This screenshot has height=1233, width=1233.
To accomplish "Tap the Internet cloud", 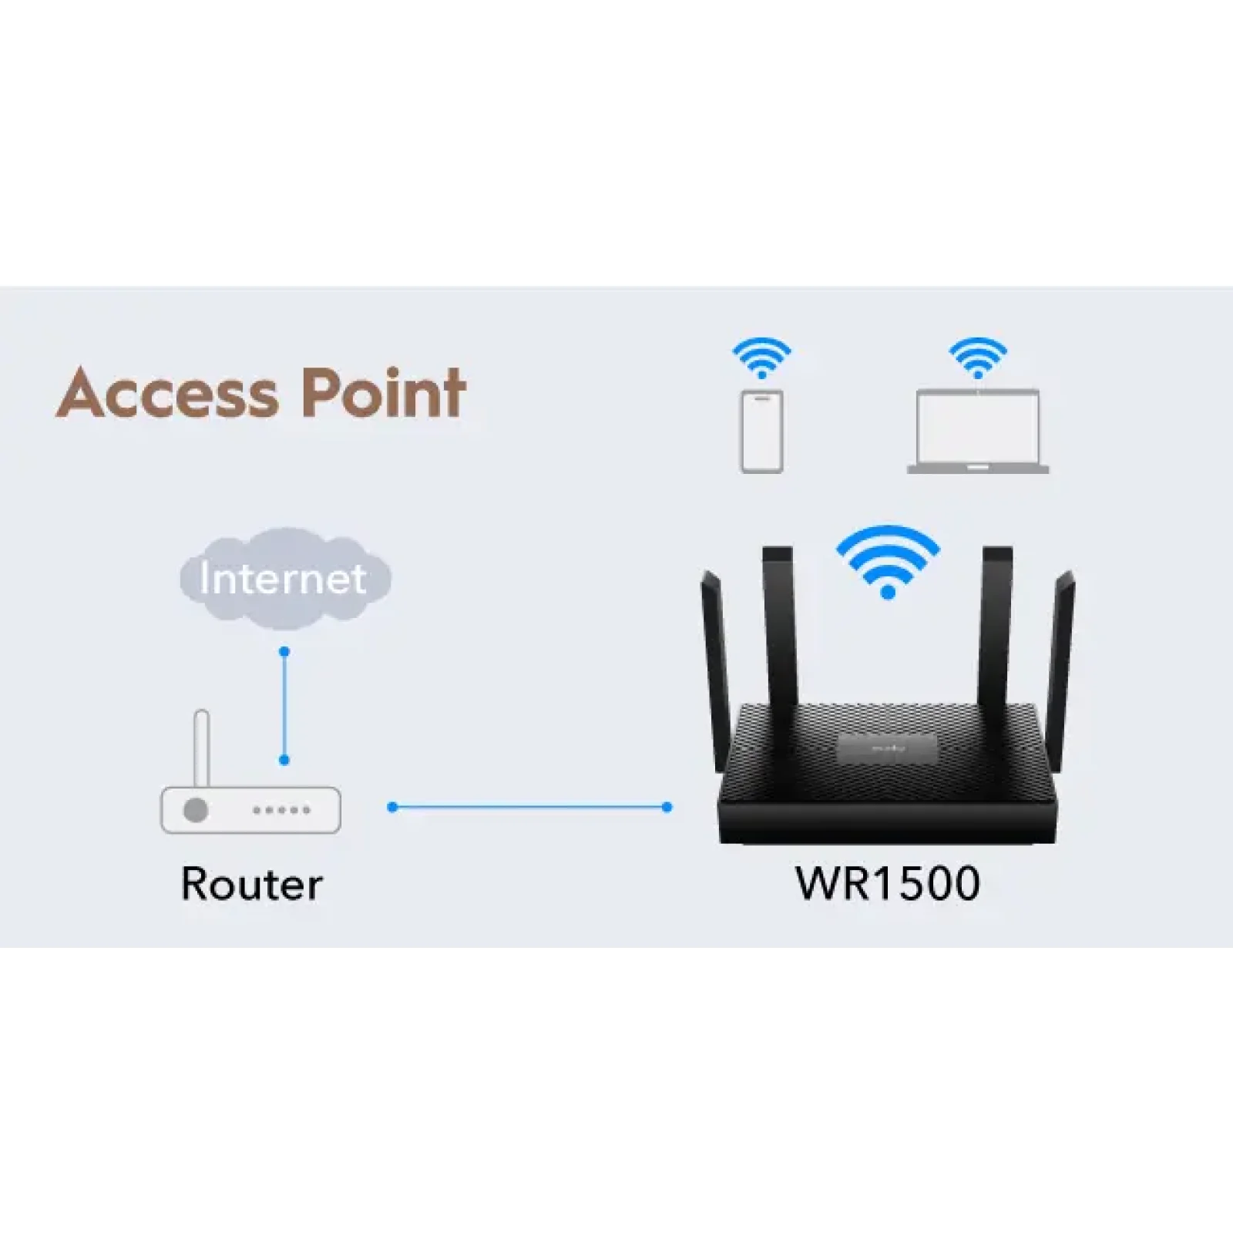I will coord(284,578).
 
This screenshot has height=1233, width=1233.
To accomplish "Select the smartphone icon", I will coord(761,432).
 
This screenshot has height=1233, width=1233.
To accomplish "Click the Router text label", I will coord(251,884).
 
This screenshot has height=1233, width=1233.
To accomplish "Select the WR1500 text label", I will coord(888,883).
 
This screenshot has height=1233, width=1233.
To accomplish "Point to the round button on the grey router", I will coord(196,810).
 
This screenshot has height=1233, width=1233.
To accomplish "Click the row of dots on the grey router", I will coord(281,810).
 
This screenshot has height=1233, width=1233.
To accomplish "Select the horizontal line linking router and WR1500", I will coord(529,807).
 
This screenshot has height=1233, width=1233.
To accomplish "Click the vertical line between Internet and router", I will coord(284,705).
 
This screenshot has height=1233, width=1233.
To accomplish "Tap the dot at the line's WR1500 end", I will coord(667,807).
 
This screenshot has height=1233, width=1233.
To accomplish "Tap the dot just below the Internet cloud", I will coord(284,652).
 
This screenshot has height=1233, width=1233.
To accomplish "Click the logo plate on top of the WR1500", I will coord(888,748).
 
